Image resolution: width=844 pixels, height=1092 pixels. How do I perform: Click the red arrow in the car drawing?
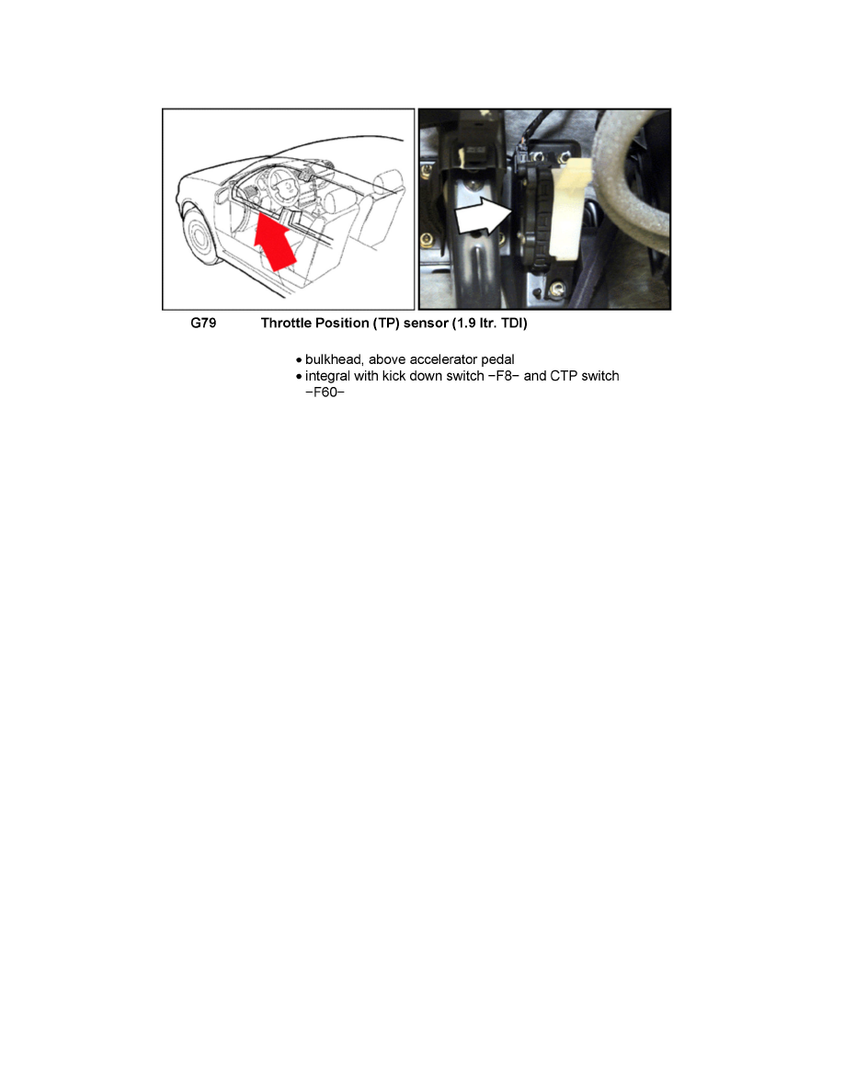[279, 240]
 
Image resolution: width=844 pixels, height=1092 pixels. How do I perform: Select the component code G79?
[203, 324]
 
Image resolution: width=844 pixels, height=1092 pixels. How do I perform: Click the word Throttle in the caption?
[287, 324]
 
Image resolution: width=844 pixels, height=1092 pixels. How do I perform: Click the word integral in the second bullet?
[329, 376]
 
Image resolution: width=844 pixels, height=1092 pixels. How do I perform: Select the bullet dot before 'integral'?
[299, 377]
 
